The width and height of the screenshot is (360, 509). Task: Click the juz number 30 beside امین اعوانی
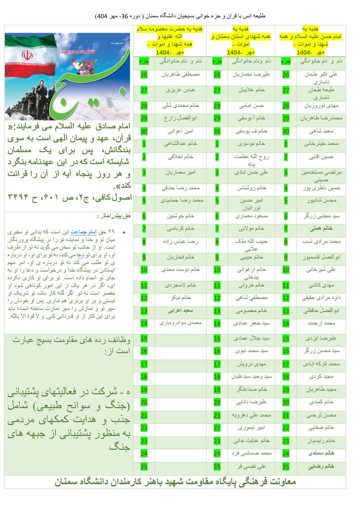[144, 131]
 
